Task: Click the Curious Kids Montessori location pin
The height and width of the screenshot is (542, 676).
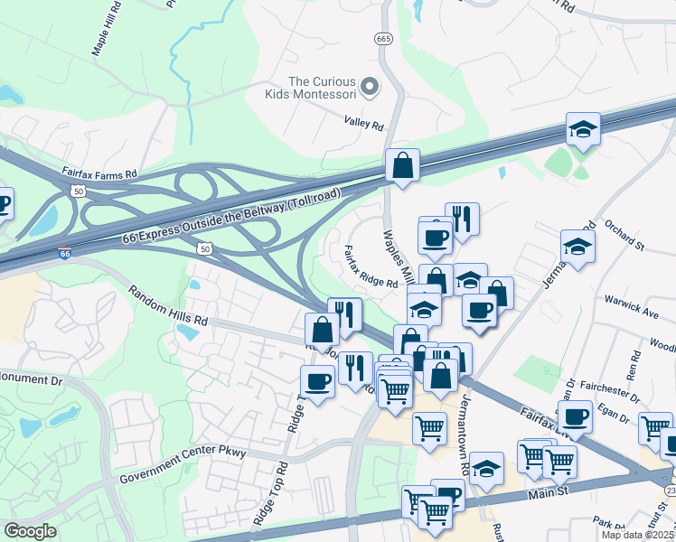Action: point(369,87)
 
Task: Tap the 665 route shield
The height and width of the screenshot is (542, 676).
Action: point(383,39)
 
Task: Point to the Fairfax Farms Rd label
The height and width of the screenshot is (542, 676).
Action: point(99,172)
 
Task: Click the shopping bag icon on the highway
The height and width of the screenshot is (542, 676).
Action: point(402,166)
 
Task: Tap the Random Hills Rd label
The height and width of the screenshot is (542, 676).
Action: point(167,307)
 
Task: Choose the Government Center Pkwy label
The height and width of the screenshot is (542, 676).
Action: point(182,463)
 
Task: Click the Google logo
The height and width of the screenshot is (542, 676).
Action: point(31,531)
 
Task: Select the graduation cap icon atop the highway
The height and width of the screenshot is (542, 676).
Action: point(583,130)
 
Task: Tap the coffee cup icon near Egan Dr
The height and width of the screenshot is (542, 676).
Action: point(575,417)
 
